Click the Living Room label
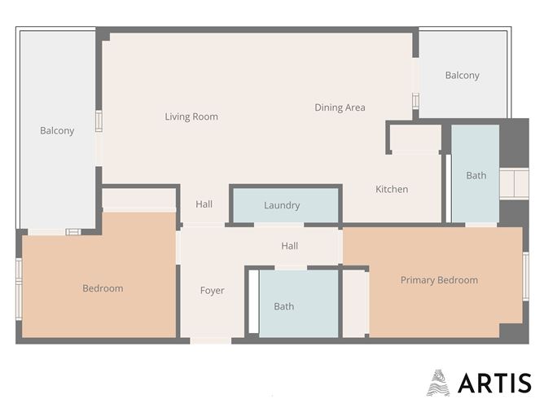191,116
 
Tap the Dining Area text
340,107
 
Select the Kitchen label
391,189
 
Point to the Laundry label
282,205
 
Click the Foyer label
212,290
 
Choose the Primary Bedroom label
439,279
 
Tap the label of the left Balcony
57,130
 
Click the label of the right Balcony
462,75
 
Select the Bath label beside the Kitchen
476,175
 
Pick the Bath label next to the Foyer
283,306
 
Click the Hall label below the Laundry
289,245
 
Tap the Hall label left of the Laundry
204,204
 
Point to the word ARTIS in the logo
494,383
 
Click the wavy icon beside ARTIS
438,382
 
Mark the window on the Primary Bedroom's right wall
525,275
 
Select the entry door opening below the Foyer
211,340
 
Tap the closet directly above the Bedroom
139,198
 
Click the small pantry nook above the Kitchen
415,139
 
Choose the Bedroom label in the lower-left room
103,287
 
